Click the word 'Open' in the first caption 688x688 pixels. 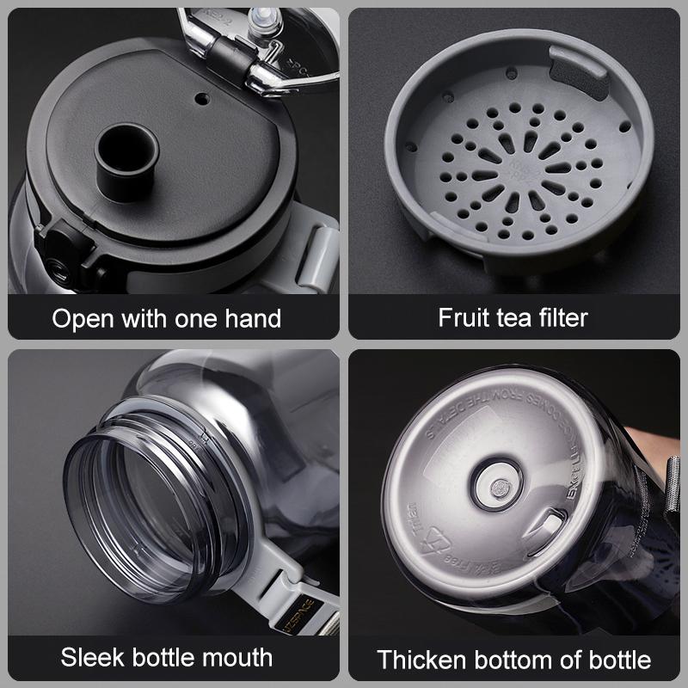(83, 318)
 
